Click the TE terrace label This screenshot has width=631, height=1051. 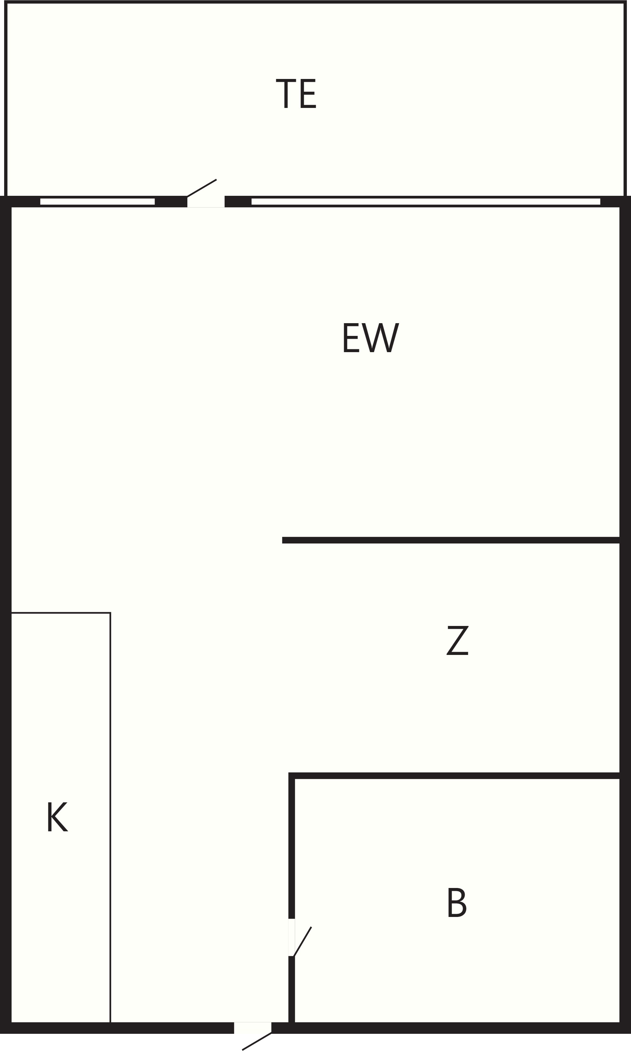coord(296,94)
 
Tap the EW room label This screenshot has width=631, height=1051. coord(371,338)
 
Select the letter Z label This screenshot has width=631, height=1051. coord(458,641)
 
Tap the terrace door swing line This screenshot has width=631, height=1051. coord(202,188)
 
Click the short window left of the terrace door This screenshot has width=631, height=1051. coord(98,201)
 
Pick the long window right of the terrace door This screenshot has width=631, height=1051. coord(426,201)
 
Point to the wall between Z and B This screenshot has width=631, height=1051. coord(454,776)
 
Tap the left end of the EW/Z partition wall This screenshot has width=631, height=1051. coord(283,540)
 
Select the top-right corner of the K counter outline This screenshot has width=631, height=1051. coord(111,613)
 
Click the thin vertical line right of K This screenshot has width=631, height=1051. coord(111,818)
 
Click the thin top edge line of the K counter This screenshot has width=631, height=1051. coord(61,613)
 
